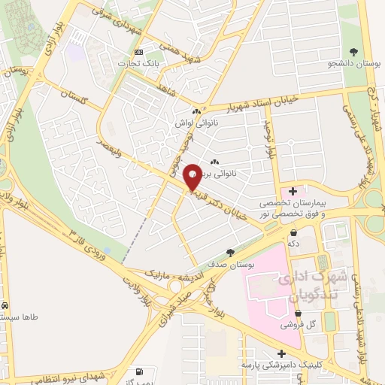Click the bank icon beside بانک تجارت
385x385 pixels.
[x=138, y=51]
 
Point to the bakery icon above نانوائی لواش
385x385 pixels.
[x=196, y=111]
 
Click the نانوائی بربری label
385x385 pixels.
[x=235, y=173]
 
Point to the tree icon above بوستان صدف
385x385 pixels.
[x=230, y=253]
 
